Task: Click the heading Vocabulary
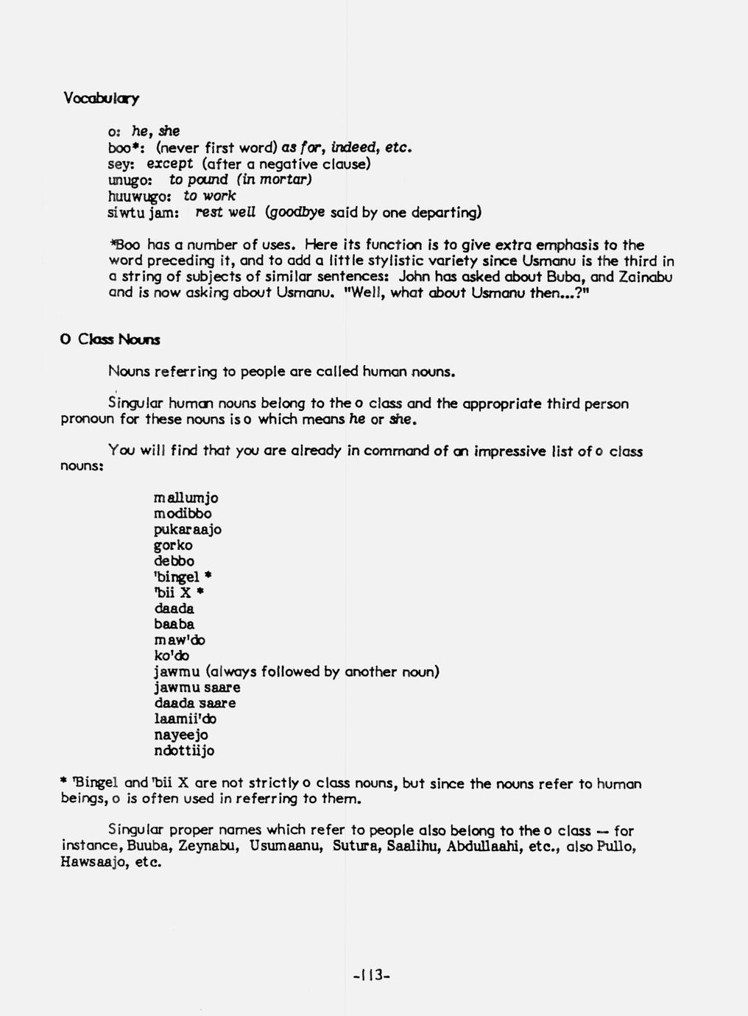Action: (x=101, y=99)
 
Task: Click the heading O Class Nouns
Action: (x=110, y=339)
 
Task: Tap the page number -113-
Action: (x=371, y=976)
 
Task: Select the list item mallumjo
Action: (x=186, y=498)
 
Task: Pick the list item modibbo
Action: (x=183, y=514)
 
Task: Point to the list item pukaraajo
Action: (x=188, y=529)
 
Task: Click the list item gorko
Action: (x=173, y=546)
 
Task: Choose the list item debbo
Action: (x=174, y=561)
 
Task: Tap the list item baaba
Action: (x=174, y=624)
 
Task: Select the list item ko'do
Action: (x=172, y=655)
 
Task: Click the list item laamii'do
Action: (x=185, y=719)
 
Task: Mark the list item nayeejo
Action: (x=181, y=735)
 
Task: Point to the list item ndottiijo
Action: (x=184, y=751)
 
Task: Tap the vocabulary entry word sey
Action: (x=120, y=163)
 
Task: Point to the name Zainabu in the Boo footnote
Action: (x=645, y=277)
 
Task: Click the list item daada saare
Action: (x=195, y=703)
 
